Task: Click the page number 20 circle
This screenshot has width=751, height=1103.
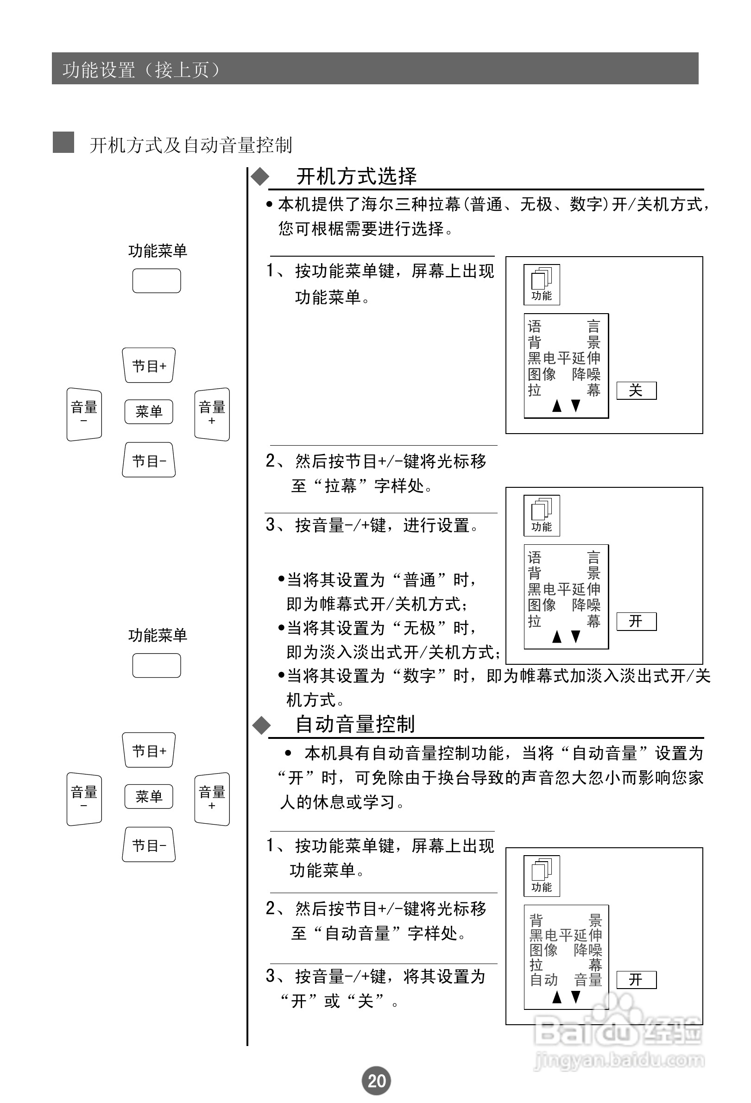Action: pyautogui.click(x=377, y=1081)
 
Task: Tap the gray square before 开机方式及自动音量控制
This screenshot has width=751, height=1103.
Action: pyautogui.click(x=63, y=142)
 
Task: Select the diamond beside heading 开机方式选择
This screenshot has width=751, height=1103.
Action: pyautogui.click(x=260, y=177)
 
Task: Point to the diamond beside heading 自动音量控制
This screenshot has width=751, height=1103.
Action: pyautogui.click(x=261, y=725)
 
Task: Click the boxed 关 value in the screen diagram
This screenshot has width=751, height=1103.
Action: pyautogui.click(x=636, y=391)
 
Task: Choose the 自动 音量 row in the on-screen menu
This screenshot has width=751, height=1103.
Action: pyautogui.click(x=565, y=980)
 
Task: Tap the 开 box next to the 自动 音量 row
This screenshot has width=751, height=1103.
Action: pyautogui.click(x=636, y=980)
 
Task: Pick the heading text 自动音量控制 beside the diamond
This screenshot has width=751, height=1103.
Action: pyautogui.click(x=355, y=725)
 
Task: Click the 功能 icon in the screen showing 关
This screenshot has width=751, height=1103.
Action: pyautogui.click(x=542, y=284)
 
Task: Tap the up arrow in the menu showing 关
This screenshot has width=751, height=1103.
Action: pyautogui.click(x=557, y=406)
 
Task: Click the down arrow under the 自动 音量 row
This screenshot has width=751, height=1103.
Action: pyautogui.click(x=576, y=997)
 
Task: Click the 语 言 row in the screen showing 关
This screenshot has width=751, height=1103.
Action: pyautogui.click(x=564, y=327)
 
